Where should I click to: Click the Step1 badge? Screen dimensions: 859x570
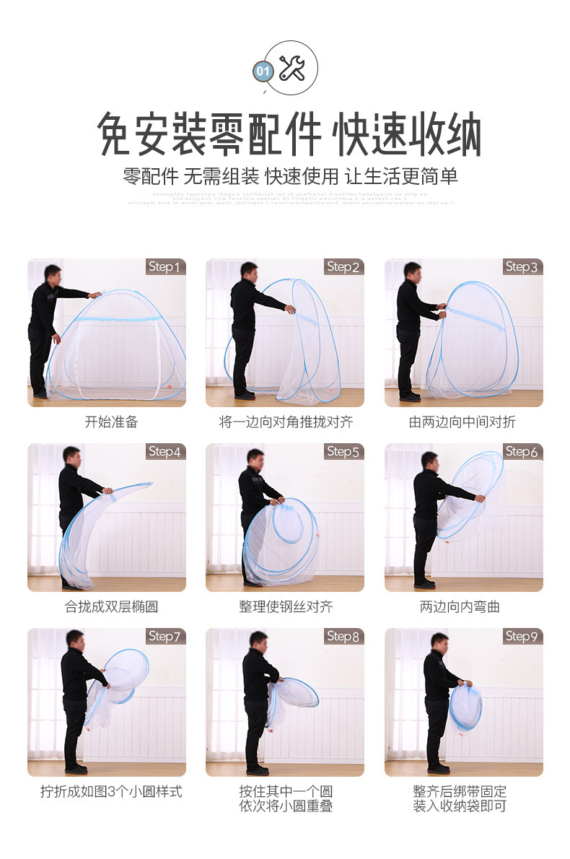point(166,267)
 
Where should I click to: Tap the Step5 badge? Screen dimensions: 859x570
point(343,452)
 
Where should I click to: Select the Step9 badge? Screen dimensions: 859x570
point(522,637)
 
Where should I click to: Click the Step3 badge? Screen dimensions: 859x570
point(522,267)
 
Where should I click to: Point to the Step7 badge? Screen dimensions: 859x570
point(166,637)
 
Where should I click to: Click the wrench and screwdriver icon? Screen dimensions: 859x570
point(292,68)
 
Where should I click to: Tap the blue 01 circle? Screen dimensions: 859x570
point(263,71)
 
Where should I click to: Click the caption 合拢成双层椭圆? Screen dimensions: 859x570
point(110,607)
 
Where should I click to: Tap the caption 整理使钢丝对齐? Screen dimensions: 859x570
point(286,607)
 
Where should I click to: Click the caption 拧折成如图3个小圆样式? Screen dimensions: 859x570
point(111,792)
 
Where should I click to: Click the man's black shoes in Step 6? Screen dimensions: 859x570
point(424,583)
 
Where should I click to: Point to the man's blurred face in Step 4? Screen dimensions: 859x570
point(71,455)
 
